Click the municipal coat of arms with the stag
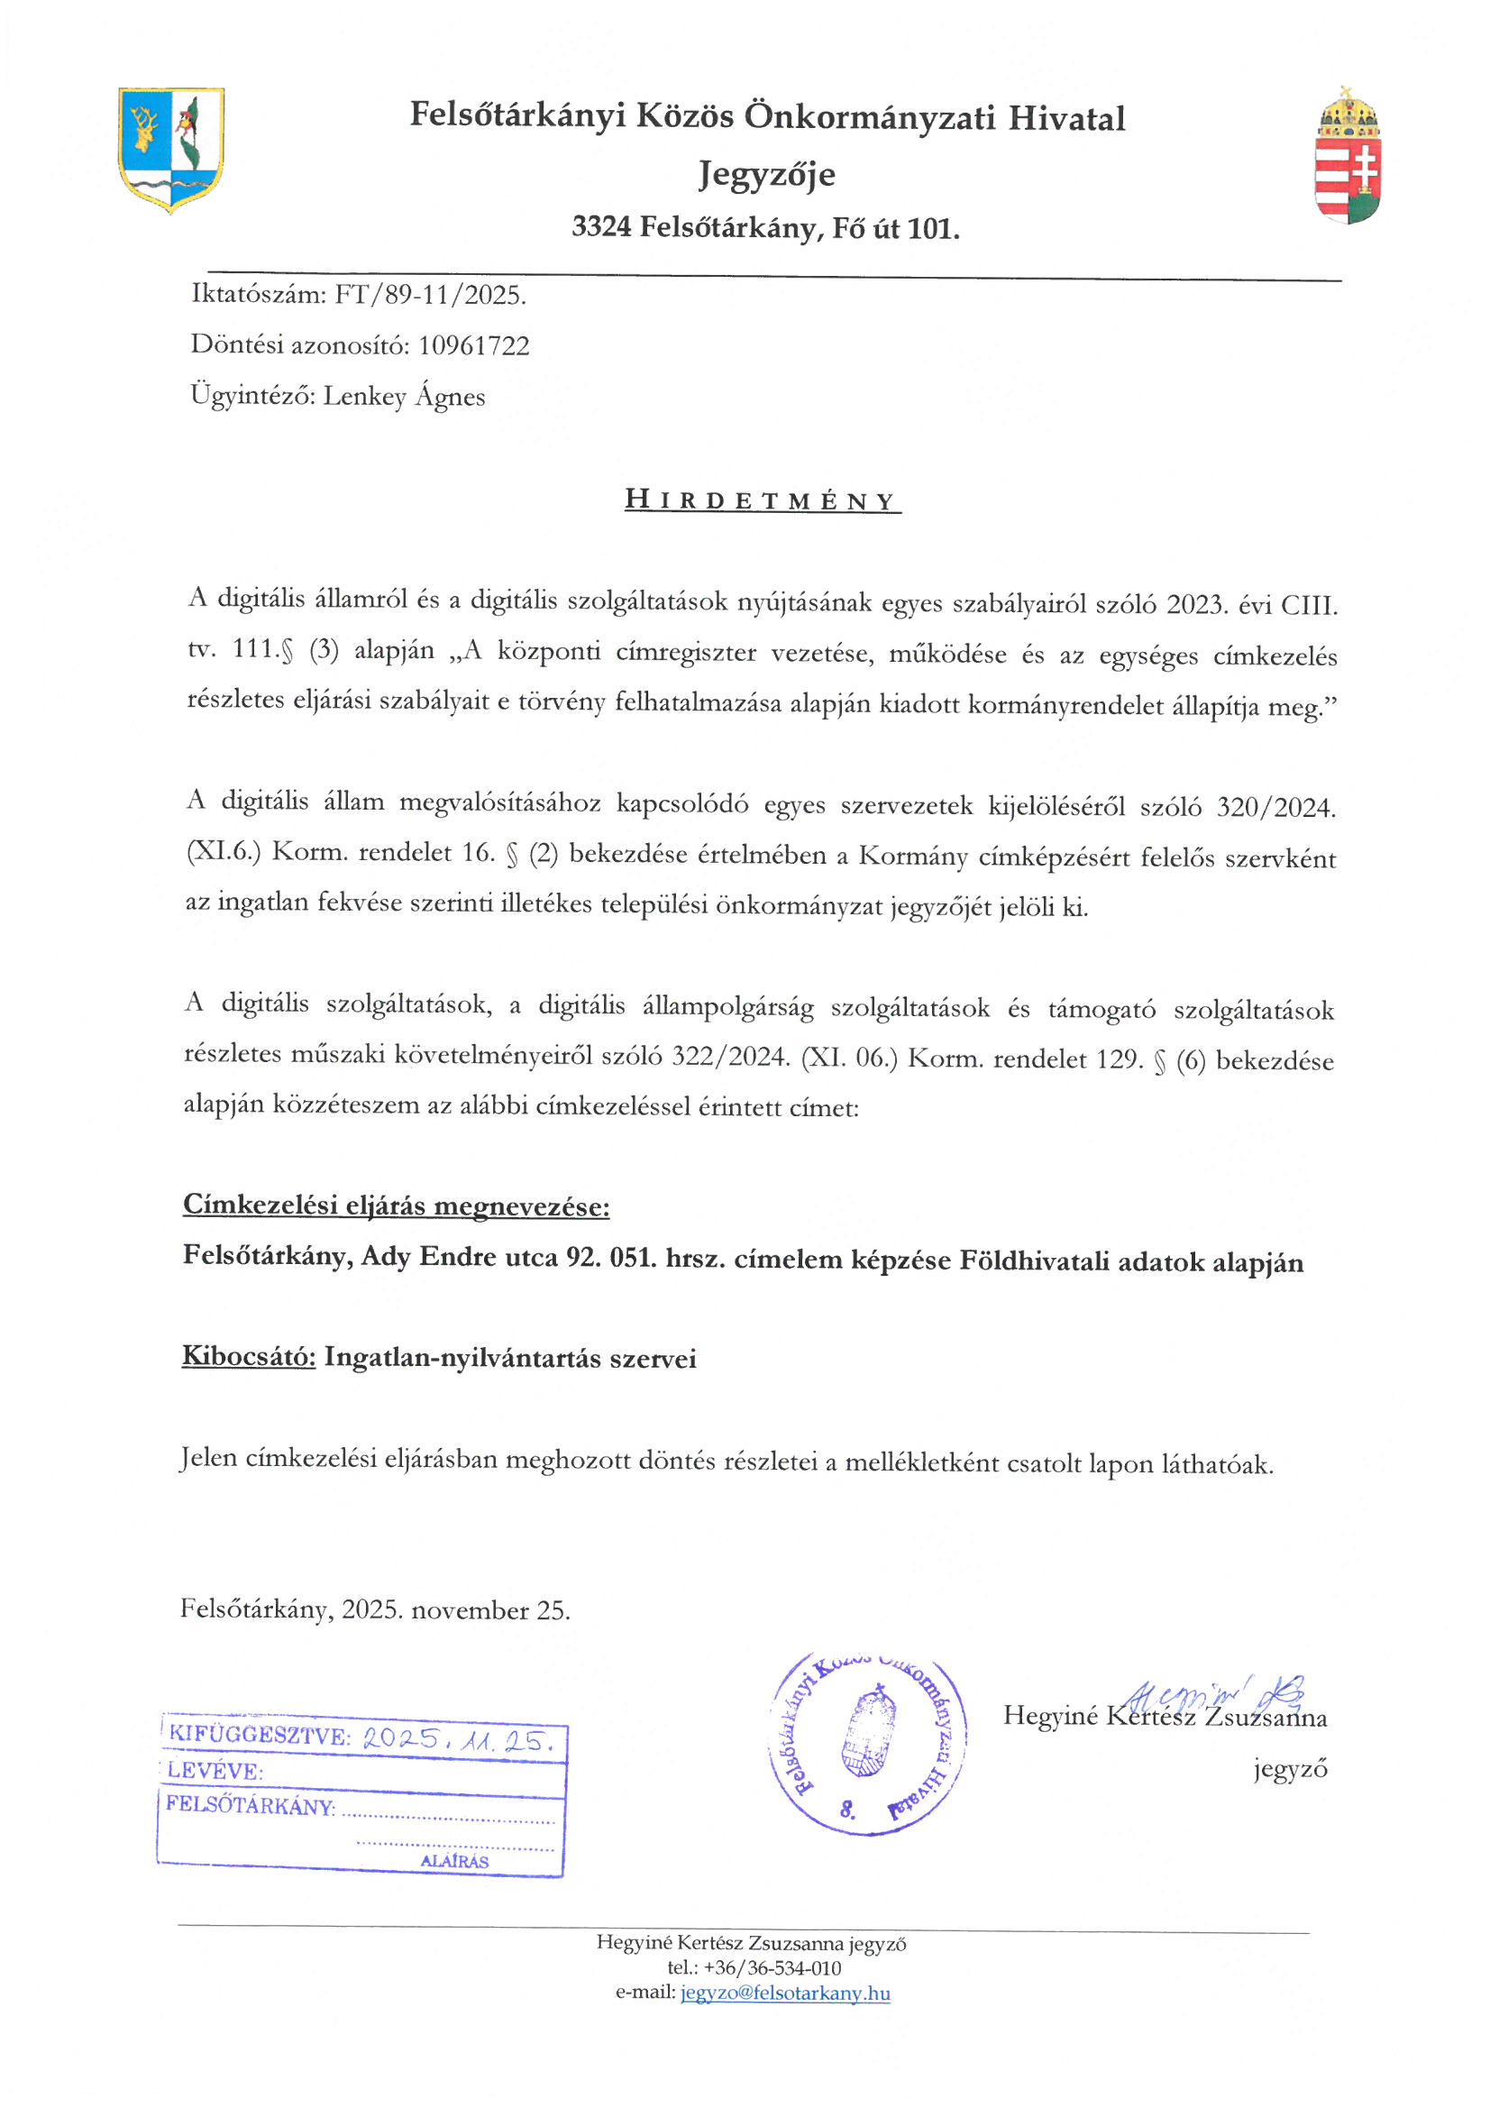(170, 150)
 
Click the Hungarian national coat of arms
(1348, 156)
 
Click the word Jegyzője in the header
(766, 173)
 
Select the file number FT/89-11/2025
(430, 295)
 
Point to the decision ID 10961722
(474, 345)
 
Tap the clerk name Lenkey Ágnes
(404, 396)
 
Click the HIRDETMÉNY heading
(761, 500)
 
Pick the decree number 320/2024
(1275, 807)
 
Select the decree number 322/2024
(730, 1056)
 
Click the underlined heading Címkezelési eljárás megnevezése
(396, 1205)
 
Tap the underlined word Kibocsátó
(249, 1357)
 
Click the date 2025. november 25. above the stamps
(455, 1609)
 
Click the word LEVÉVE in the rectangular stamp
(215, 1771)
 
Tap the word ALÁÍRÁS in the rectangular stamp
(454, 1861)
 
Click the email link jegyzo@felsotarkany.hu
(785, 1993)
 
